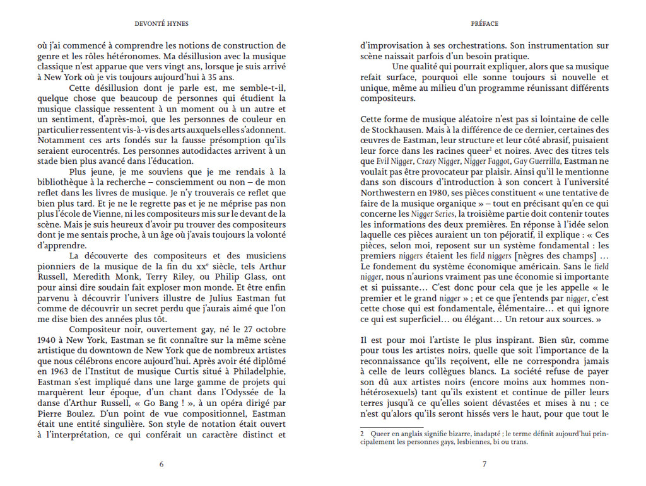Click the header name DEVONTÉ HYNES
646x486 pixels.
tap(161, 24)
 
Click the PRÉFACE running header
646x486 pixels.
tap(484, 24)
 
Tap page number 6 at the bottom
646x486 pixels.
tap(161, 464)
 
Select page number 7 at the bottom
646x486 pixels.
tap(484, 464)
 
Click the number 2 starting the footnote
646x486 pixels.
tap(363, 434)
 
